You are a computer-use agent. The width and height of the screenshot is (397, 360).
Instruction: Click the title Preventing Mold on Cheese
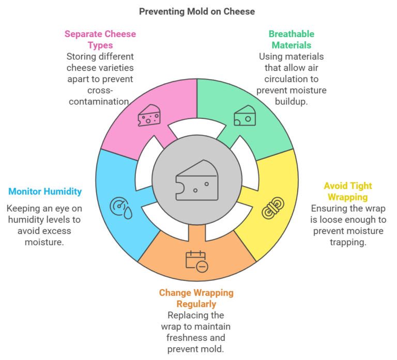196,11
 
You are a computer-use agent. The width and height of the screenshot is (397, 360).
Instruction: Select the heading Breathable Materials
291,39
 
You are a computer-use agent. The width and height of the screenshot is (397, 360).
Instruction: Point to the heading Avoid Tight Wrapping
347,191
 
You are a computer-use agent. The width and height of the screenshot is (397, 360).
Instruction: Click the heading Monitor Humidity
44,192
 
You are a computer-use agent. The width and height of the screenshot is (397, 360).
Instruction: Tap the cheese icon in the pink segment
149,117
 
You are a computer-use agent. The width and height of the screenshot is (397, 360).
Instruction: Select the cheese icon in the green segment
245,117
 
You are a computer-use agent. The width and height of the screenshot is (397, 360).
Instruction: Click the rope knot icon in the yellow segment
272,209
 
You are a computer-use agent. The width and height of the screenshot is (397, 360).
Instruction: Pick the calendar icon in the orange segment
196,260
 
